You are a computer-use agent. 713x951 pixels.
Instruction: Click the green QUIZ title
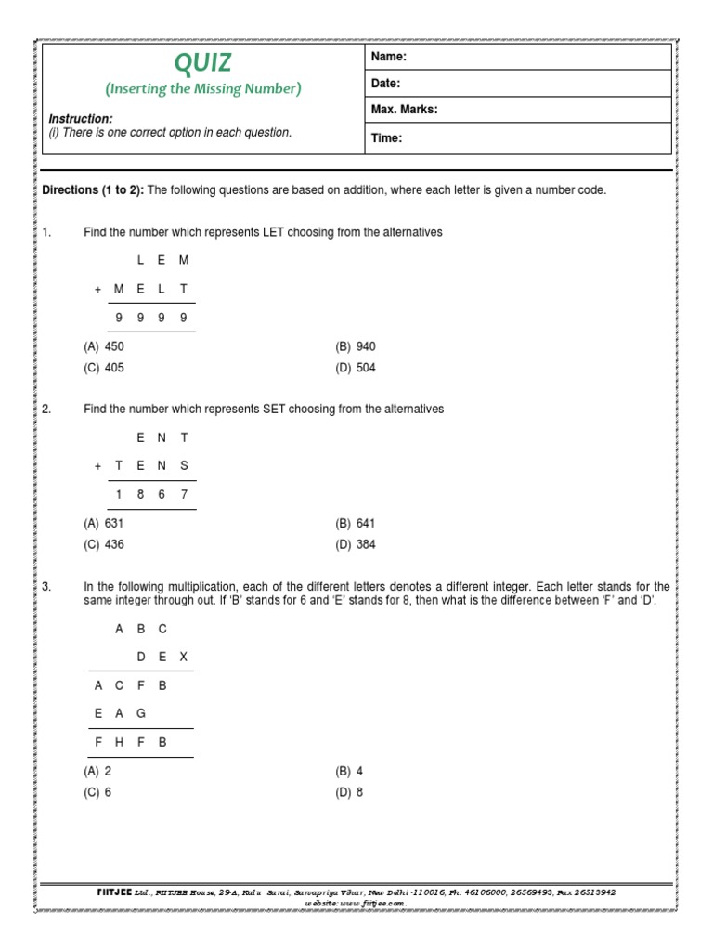tap(203, 63)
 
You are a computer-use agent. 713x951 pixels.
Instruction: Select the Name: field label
tap(389, 58)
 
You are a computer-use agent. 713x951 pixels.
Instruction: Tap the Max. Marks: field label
tap(404, 110)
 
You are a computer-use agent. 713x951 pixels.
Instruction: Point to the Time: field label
tap(386, 138)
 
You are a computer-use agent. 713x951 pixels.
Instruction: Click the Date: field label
tap(385, 84)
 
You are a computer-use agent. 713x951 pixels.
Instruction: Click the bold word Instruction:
tap(81, 119)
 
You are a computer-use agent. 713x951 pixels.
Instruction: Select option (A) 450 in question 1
tap(104, 346)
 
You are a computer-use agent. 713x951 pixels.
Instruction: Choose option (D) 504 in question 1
tap(356, 368)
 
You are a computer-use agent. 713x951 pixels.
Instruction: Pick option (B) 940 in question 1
tap(356, 346)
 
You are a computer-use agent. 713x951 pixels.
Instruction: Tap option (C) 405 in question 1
tap(104, 368)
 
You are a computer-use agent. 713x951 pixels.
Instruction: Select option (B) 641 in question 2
tap(356, 524)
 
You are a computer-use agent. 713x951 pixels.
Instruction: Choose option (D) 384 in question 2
tap(356, 545)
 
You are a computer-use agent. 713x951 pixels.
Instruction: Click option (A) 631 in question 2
tap(104, 524)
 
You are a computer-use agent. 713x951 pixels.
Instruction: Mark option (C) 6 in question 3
tap(98, 792)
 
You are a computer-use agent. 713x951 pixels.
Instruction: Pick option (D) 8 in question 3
tap(350, 792)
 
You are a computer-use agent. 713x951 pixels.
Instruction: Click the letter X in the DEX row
tap(184, 657)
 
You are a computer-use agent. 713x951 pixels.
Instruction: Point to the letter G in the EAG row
tap(141, 713)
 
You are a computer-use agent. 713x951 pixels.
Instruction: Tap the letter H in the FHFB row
tap(119, 742)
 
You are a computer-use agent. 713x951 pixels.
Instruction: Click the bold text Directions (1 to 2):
tap(93, 190)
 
